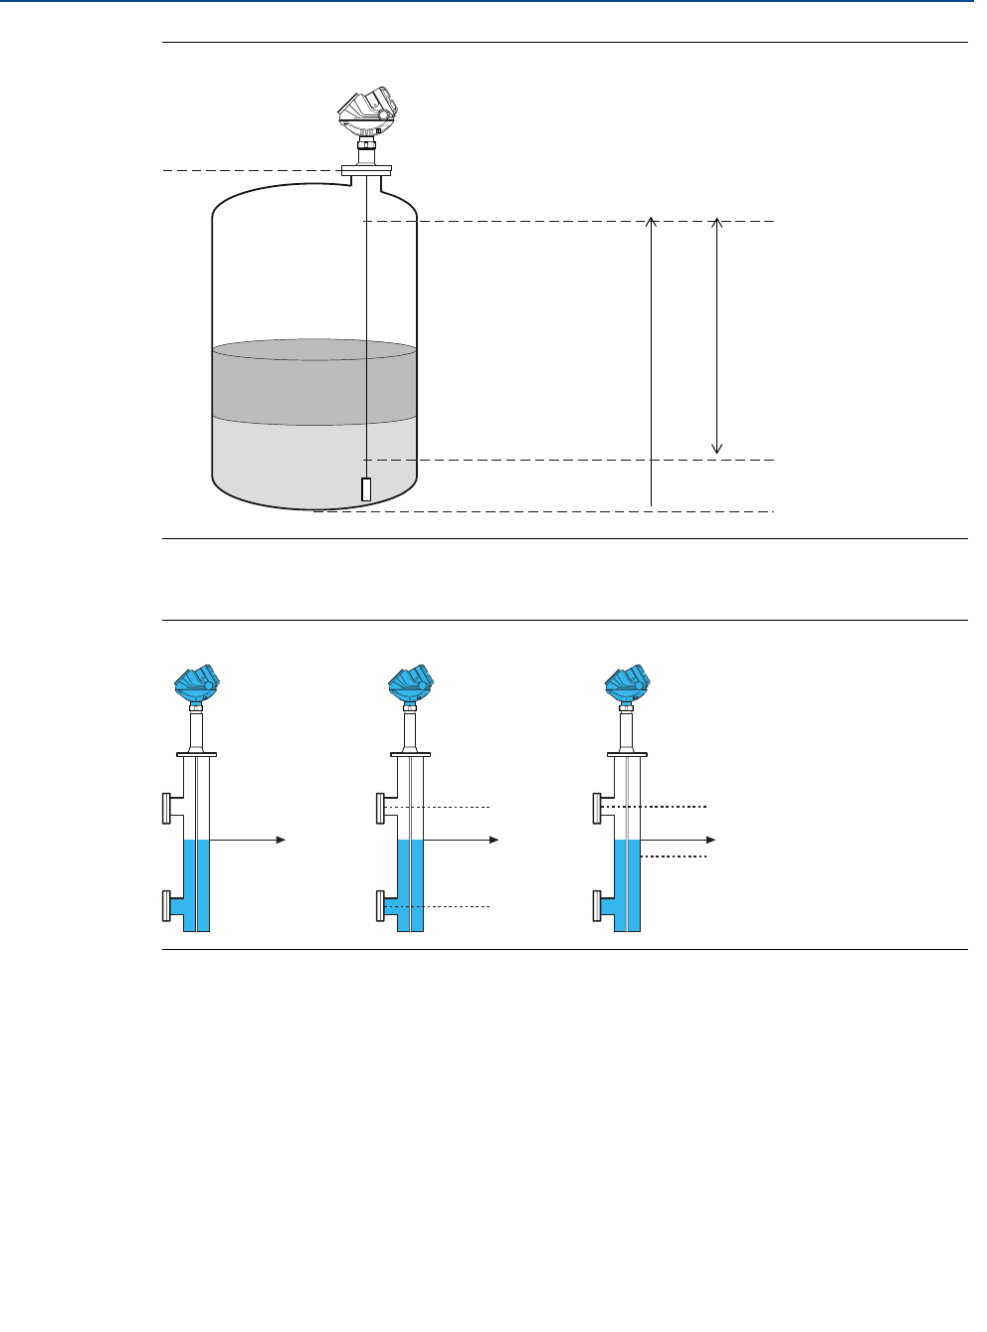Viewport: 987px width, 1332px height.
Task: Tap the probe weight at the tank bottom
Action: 366,489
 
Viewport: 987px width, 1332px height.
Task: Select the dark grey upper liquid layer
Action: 314,383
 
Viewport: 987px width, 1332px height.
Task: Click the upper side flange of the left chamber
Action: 165,808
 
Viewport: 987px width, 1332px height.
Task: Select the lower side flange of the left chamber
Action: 165,906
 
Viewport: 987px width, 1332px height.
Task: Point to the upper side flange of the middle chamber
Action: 380,808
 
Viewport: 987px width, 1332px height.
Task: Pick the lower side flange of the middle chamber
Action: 380,906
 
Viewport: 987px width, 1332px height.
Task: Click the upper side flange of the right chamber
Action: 597,808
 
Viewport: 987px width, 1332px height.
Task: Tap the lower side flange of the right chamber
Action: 597,906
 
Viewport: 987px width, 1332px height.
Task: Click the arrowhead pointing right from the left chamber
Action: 282,841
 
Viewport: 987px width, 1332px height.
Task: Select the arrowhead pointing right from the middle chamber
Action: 494,841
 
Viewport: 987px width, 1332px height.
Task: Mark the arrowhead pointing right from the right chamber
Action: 710,841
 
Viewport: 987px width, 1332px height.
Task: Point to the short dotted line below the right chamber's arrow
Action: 674,856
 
